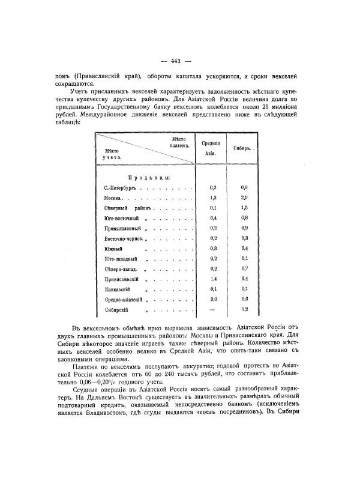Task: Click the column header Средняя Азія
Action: point(211,148)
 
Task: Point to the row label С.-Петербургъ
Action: point(121,187)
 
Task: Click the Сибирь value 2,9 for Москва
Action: point(245,198)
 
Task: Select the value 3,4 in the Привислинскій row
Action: point(245,280)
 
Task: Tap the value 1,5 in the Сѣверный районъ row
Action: point(245,208)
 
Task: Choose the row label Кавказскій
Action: point(118,289)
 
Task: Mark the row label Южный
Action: point(113,249)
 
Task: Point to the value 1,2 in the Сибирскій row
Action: point(245,310)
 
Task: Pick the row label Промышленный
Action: point(123,228)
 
